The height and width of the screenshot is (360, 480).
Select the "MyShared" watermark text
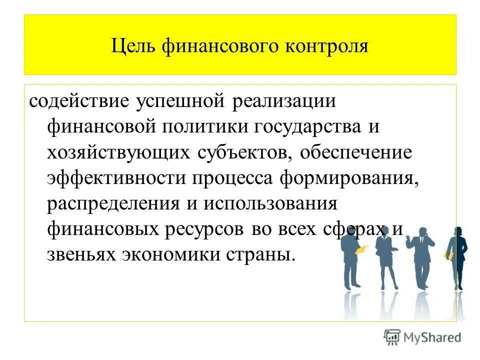(433, 337)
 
